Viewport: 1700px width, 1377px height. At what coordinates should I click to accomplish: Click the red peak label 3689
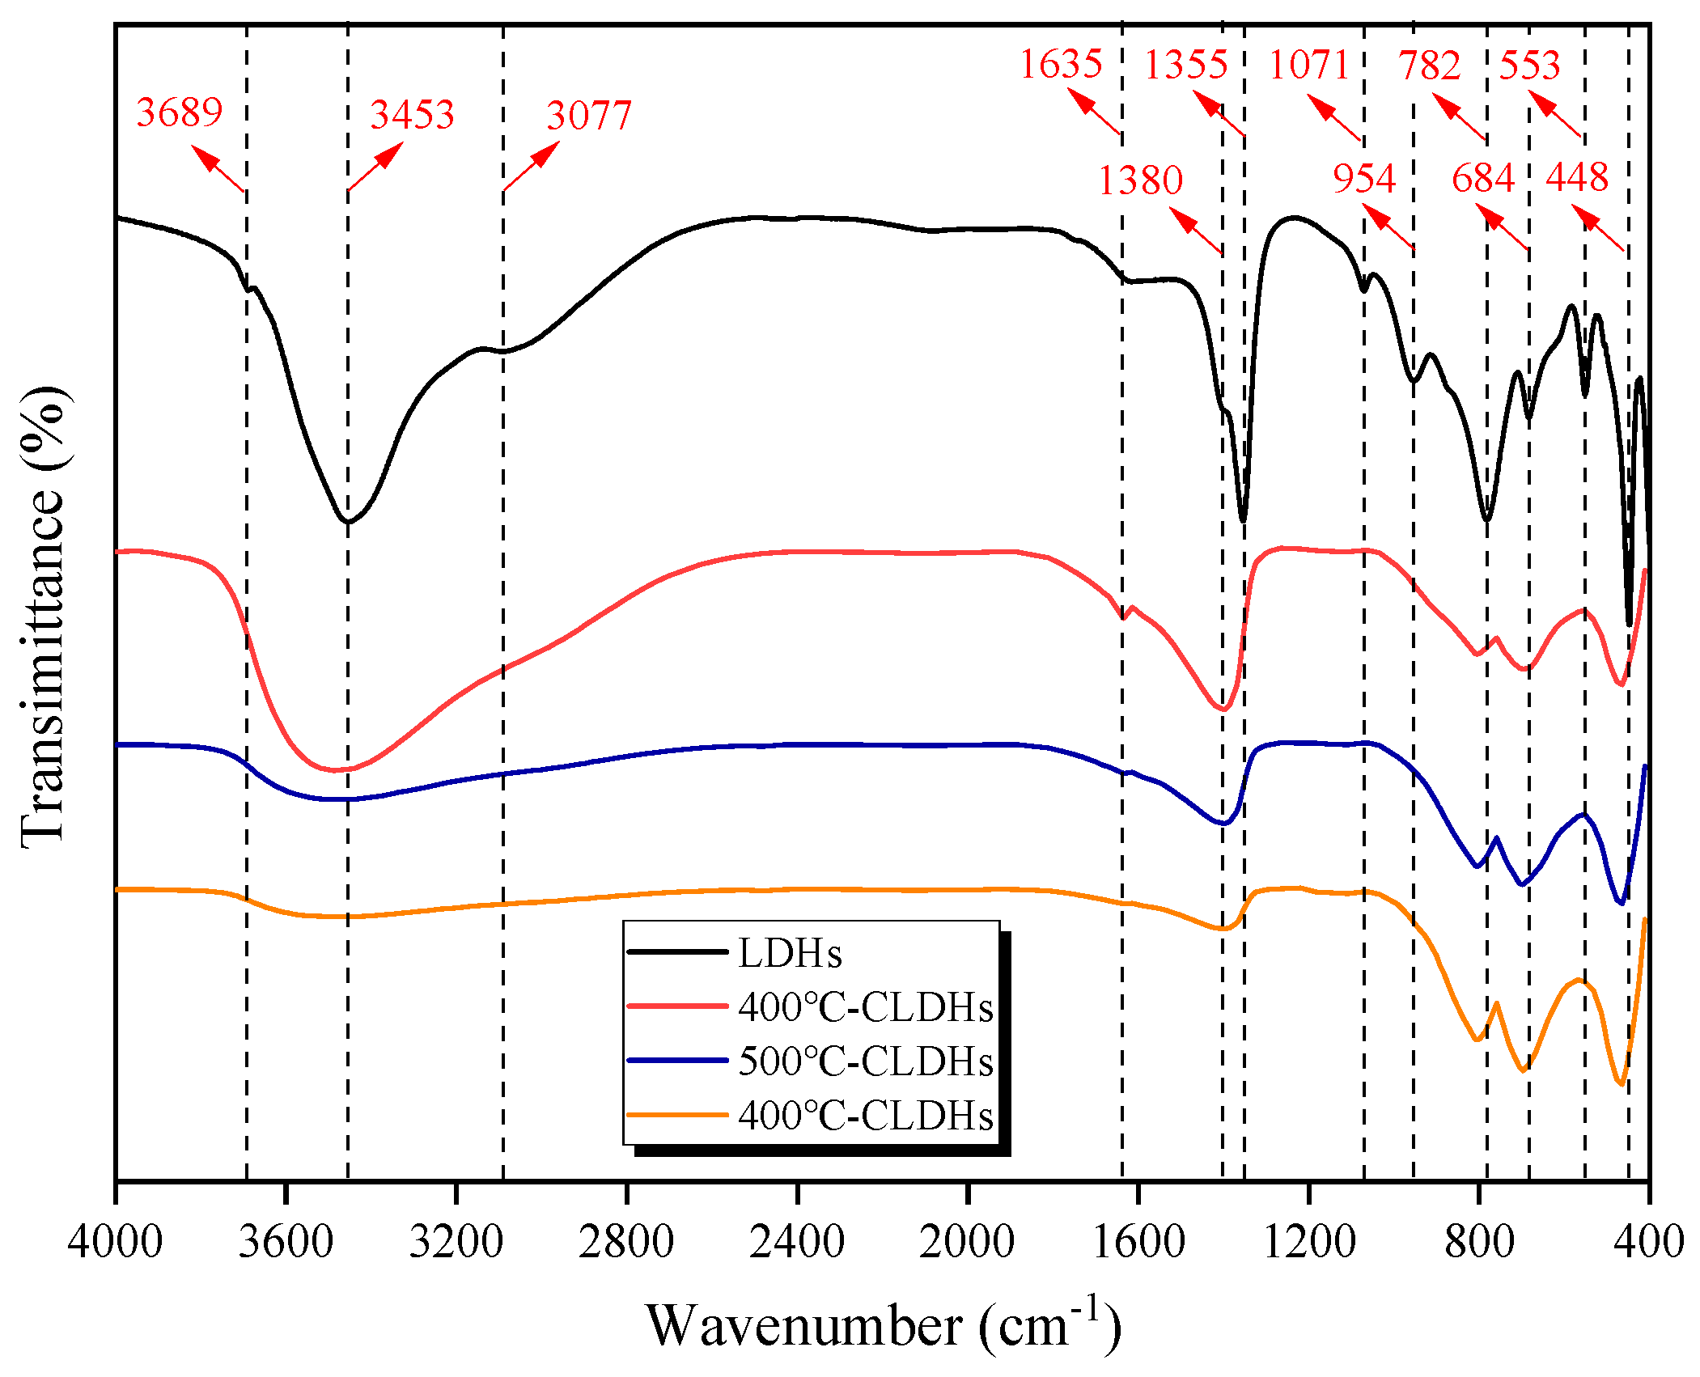click(x=179, y=112)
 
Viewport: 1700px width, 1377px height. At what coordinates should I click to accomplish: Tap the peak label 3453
click(x=412, y=114)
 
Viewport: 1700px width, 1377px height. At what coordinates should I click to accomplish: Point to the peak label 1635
click(x=1061, y=64)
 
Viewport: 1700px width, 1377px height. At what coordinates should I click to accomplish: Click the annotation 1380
click(x=1140, y=180)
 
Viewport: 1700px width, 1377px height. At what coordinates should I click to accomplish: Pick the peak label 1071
click(x=1309, y=65)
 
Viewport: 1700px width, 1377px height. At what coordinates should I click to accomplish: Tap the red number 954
click(x=1364, y=178)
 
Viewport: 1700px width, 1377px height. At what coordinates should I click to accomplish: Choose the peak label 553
click(x=1529, y=65)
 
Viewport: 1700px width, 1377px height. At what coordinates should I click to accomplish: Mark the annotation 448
click(x=1577, y=177)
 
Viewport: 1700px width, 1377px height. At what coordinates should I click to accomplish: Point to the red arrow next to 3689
click(x=218, y=168)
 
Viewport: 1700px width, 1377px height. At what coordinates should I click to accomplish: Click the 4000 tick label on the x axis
click(x=115, y=1241)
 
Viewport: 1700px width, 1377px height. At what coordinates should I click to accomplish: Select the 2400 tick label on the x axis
click(x=797, y=1241)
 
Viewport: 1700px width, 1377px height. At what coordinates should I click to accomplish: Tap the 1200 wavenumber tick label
click(x=1308, y=1241)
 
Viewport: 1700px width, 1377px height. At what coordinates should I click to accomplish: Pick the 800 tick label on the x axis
click(x=1479, y=1241)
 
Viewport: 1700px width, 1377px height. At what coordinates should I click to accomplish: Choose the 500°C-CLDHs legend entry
click(x=810, y=1061)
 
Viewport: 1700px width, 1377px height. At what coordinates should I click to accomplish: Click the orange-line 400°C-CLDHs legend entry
click(x=810, y=1115)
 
